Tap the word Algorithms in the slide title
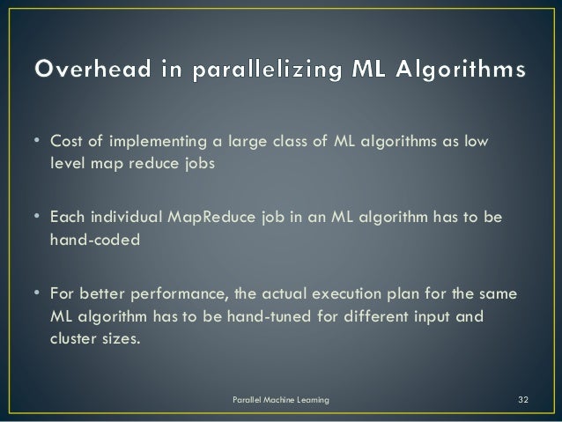[x=464, y=70]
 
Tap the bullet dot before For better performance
[x=38, y=292]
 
